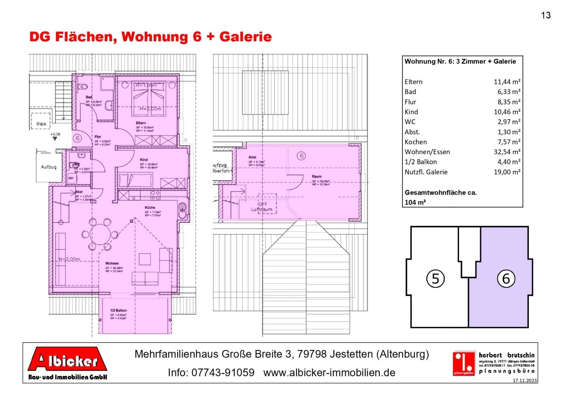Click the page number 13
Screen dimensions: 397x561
[x=546, y=15]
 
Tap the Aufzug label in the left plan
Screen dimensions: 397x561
[x=48, y=167]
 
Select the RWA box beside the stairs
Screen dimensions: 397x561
[x=41, y=124]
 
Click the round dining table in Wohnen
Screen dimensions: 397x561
[x=100, y=234]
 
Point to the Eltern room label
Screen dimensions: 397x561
[x=141, y=123]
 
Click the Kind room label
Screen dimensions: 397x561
[x=144, y=160]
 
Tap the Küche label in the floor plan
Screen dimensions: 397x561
[x=150, y=208]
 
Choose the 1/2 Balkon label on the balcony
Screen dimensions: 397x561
[x=119, y=310]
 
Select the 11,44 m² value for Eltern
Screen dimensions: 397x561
[x=507, y=82]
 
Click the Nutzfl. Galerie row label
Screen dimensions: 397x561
[x=426, y=172]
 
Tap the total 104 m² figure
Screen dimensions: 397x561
[x=415, y=202]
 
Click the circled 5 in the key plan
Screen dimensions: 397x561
[x=435, y=279]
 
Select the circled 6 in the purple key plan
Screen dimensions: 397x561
[x=506, y=279]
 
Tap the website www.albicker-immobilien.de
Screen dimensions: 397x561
[x=329, y=372]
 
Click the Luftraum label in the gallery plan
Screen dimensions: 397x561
[x=262, y=209]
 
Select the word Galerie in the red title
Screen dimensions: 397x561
[x=245, y=36]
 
